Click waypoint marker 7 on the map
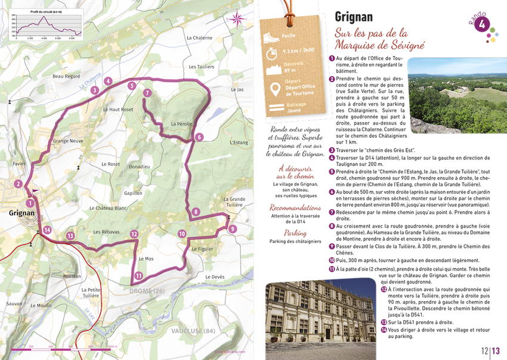pos(147,93)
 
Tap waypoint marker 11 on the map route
pos(138,275)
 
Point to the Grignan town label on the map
pos(21,213)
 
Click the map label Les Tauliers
pos(200,67)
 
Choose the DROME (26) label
pos(146,290)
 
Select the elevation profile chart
pos(46,24)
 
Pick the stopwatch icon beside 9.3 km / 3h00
pos(272,53)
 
